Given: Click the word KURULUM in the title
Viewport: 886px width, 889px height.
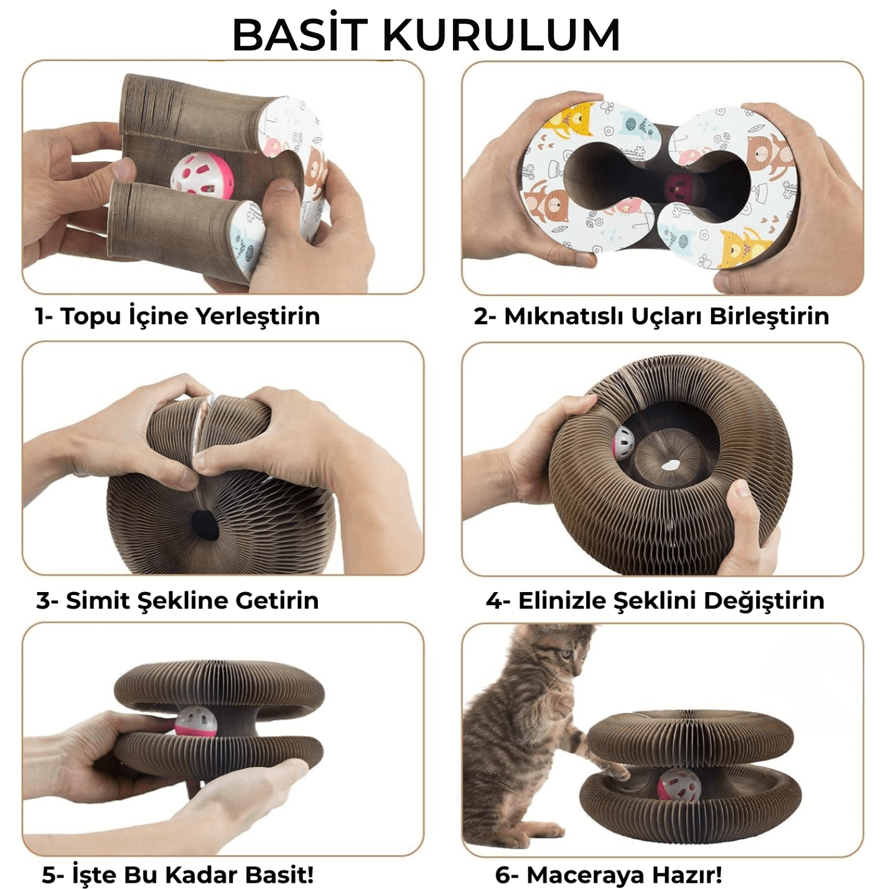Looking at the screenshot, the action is [x=501, y=35].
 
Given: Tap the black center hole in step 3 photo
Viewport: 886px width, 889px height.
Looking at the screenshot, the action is [x=205, y=525].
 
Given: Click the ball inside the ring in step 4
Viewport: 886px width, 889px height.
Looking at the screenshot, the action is [x=623, y=443].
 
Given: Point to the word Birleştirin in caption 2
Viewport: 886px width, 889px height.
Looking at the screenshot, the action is [x=769, y=317].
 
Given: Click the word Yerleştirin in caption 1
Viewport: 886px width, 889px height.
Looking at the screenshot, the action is [x=258, y=317].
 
